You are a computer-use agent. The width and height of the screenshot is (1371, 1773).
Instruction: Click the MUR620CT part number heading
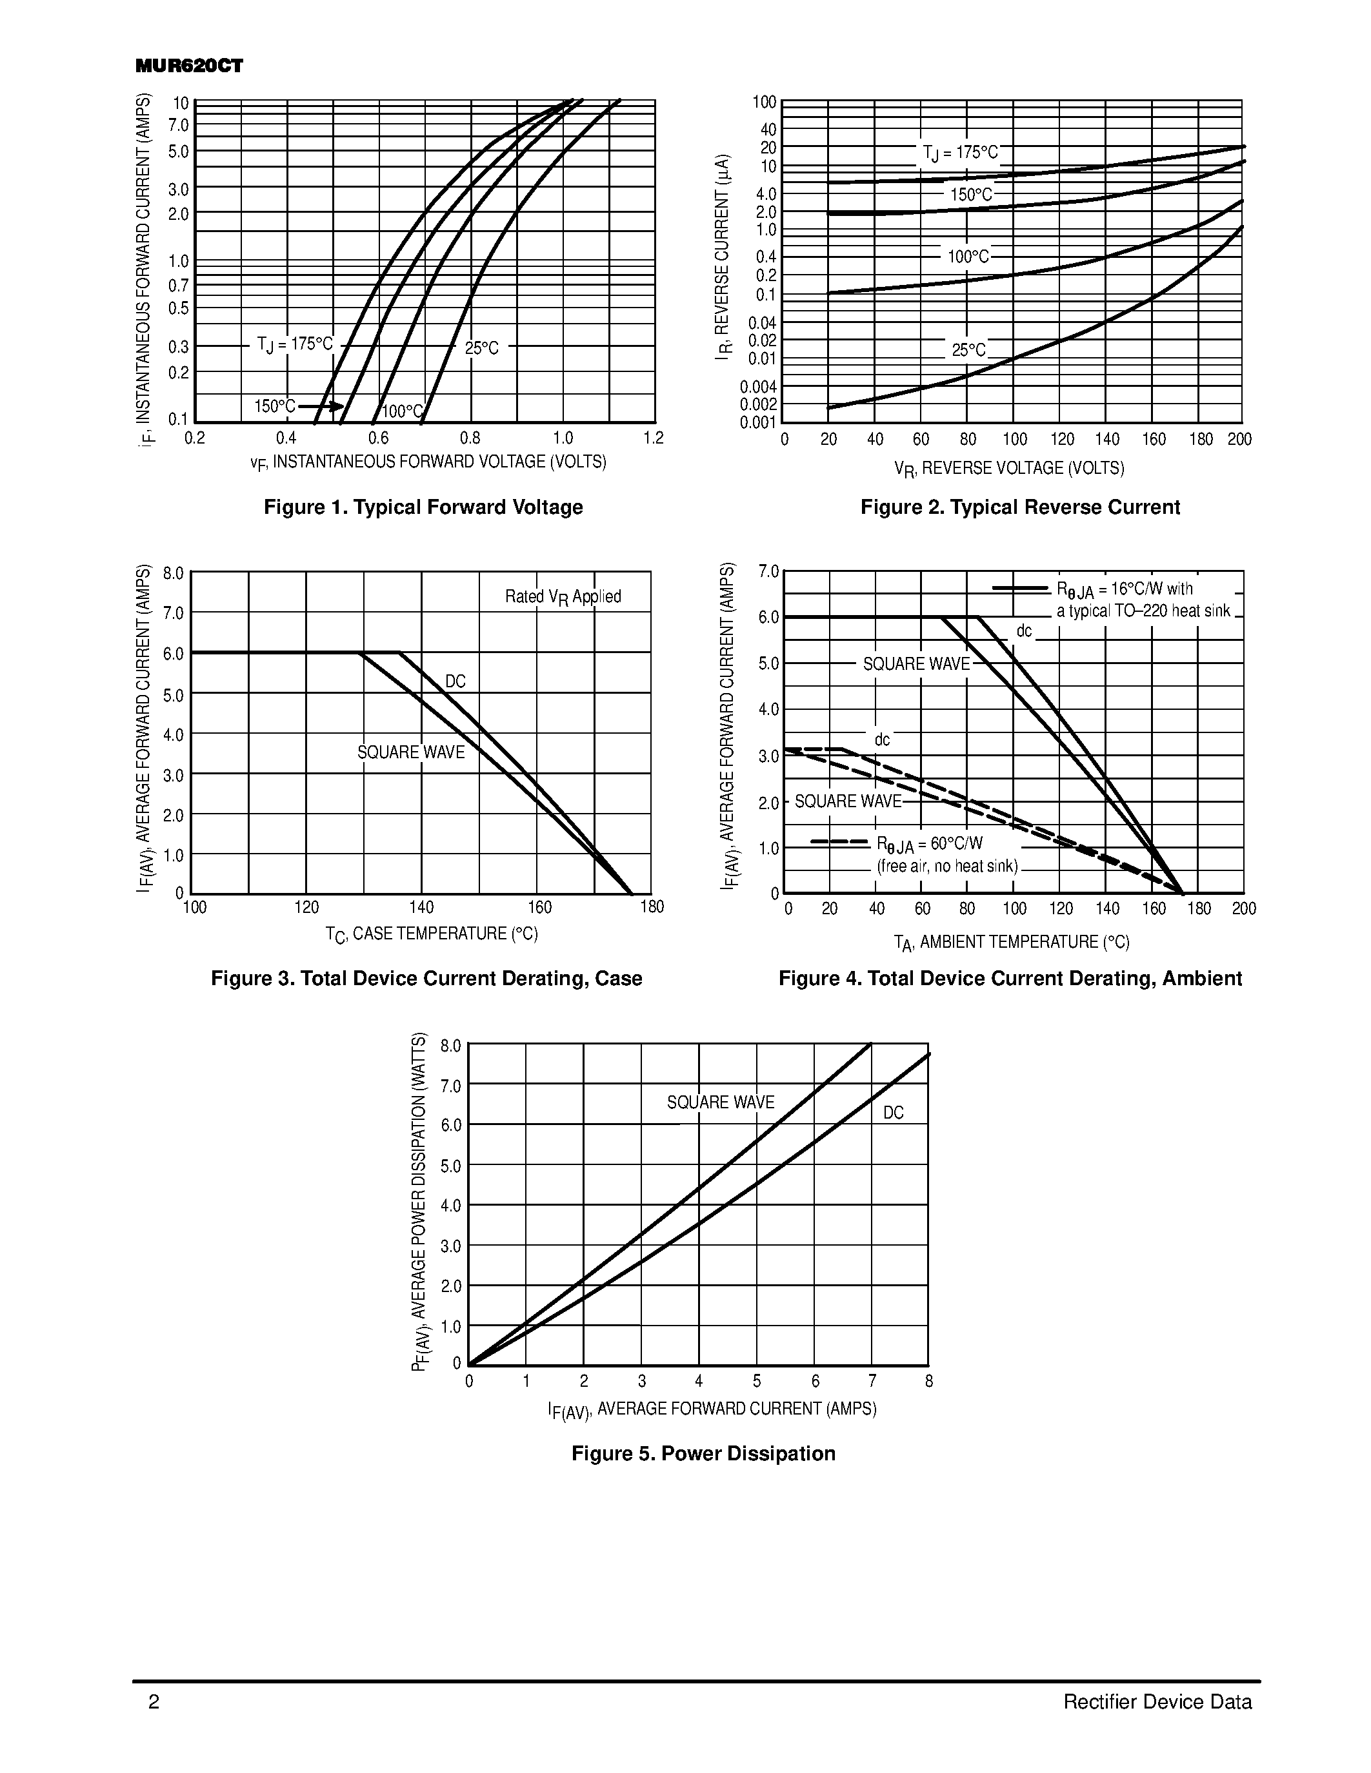pyautogui.click(x=189, y=66)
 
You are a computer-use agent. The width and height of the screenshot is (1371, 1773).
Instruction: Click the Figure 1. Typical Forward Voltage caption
pyautogui.click(x=423, y=507)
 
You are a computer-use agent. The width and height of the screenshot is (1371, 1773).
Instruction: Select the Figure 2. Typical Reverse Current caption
pyautogui.click(x=1019, y=507)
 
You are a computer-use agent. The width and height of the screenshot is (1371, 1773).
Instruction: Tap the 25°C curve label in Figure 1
pyautogui.click(x=482, y=348)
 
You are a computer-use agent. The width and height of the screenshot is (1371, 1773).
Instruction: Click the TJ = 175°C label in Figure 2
pyautogui.click(x=960, y=153)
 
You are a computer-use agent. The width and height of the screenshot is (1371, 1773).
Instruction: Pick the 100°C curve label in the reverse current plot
pyautogui.click(x=968, y=257)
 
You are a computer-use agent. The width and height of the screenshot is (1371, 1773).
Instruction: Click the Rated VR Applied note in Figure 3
pyautogui.click(x=563, y=596)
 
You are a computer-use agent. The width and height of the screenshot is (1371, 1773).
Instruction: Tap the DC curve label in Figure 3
pyautogui.click(x=455, y=681)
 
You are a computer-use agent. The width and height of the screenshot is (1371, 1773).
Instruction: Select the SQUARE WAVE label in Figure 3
pyautogui.click(x=411, y=752)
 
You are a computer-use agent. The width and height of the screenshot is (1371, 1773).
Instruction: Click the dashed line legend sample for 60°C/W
pyautogui.click(x=840, y=842)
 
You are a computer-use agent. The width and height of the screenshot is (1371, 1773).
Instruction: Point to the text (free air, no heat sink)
pyautogui.click(x=947, y=867)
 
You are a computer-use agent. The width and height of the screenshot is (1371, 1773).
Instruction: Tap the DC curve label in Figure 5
pyautogui.click(x=894, y=1113)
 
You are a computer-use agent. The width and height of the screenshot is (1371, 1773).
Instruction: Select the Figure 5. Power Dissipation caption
pyautogui.click(x=703, y=1453)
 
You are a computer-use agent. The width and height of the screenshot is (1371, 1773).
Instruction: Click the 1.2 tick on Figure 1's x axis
pyautogui.click(x=653, y=438)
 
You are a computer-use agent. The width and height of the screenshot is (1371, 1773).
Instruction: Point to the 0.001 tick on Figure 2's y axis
pyautogui.click(x=759, y=423)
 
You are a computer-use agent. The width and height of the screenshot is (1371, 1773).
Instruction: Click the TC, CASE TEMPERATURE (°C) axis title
pyautogui.click(x=431, y=934)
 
